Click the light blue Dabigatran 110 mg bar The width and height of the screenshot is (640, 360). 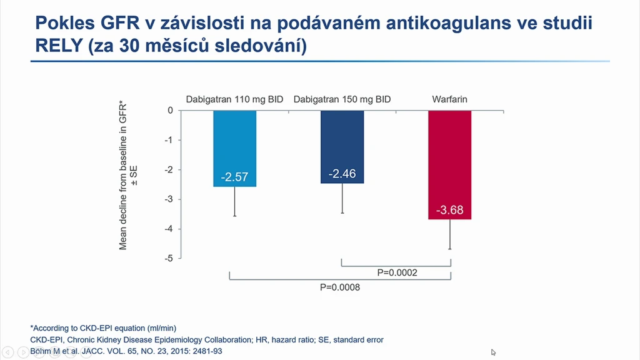click(x=235, y=149)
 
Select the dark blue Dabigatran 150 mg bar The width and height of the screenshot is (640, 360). click(x=342, y=147)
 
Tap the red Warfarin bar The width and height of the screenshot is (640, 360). click(x=450, y=165)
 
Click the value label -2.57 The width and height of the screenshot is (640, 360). click(x=235, y=177)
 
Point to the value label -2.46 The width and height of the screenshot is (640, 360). click(x=342, y=174)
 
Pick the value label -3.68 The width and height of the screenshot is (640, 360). click(x=450, y=210)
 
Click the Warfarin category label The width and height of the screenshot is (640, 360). click(x=450, y=99)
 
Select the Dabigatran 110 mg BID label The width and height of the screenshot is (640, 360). click(x=235, y=99)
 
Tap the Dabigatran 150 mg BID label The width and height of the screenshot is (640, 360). click(x=342, y=99)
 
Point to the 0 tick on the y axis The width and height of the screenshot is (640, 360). click(x=170, y=110)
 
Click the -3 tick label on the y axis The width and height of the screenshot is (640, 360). click(x=169, y=199)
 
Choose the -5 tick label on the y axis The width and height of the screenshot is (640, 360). click(x=169, y=258)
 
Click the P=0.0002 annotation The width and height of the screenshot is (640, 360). click(x=397, y=272)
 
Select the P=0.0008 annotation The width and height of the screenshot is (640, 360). click(x=340, y=287)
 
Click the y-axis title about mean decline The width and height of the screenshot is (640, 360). click(x=127, y=176)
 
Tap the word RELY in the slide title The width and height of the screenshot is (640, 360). click(x=59, y=45)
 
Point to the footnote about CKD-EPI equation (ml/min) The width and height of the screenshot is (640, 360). click(x=103, y=328)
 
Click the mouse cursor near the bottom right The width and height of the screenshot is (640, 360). click(x=493, y=352)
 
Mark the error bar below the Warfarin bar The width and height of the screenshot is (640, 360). click(x=450, y=234)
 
